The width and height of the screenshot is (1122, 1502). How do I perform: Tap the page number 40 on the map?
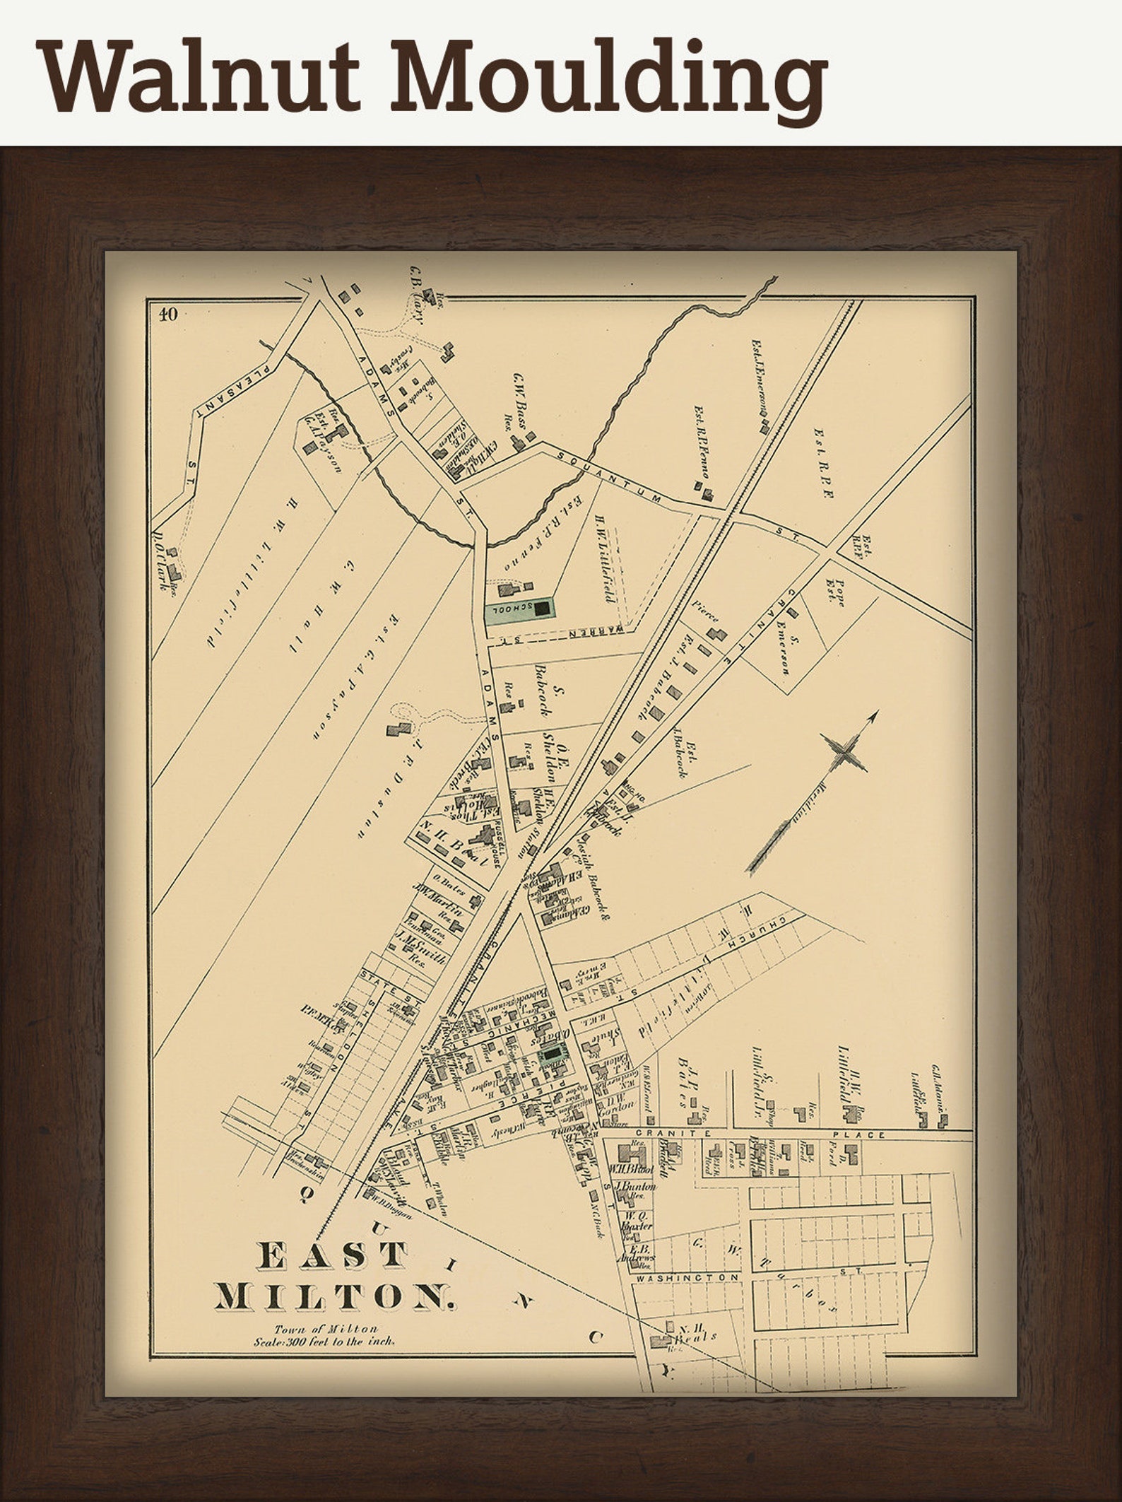[168, 315]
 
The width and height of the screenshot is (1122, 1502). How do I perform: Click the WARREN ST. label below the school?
[599, 628]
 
